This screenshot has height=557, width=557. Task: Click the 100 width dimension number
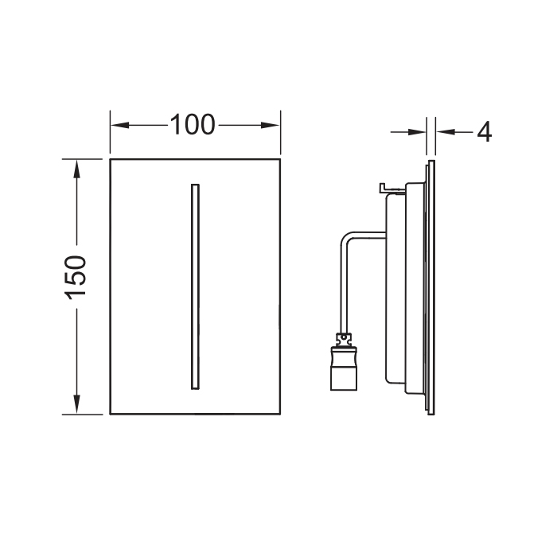[x=193, y=125]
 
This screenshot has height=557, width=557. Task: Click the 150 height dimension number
[x=76, y=277]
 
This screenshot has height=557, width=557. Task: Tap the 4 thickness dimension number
[x=484, y=132]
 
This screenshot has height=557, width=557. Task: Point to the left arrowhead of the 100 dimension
[x=119, y=125]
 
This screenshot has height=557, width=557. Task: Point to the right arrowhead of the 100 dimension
[x=271, y=125]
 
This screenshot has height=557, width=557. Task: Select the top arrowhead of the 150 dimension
[x=76, y=169]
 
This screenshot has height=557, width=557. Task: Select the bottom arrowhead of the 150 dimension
[x=76, y=404]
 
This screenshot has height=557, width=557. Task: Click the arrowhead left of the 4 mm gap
[x=417, y=132]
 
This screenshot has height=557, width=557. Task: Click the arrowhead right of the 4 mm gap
[x=446, y=132]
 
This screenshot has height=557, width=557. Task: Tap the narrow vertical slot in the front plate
[x=195, y=286]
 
